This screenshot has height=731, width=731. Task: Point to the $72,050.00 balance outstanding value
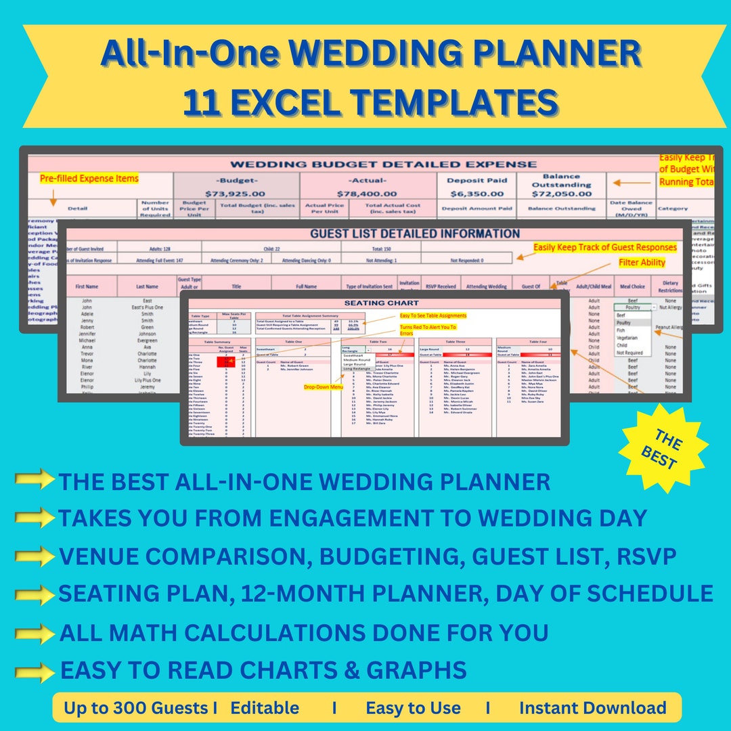click(560, 194)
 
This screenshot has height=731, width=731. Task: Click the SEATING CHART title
click(382, 303)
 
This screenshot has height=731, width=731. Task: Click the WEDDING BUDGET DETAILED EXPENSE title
click(384, 164)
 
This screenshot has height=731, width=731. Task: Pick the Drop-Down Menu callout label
click(323, 386)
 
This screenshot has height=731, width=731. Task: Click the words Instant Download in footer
click(592, 708)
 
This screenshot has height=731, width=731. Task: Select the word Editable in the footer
click(265, 708)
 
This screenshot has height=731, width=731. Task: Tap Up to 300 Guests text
click(137, 708)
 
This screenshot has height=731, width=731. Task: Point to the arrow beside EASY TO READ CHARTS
click(35, 671)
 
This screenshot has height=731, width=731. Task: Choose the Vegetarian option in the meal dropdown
click(627, 336)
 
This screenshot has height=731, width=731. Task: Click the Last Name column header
click(147, 286)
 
